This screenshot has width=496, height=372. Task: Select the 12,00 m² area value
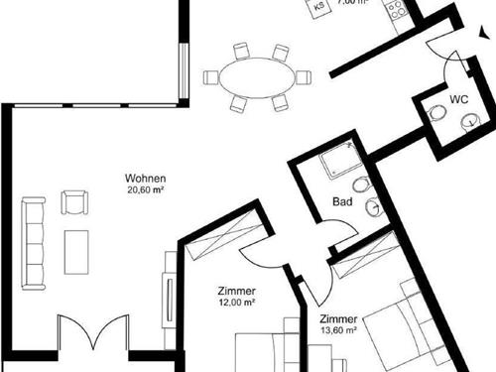click(236, 304)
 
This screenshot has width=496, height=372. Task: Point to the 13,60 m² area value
click(339, 331)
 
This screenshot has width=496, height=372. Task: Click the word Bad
click(342, 202)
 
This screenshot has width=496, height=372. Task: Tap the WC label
click(458, 99)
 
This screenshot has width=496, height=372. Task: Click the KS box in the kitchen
click(319, 7)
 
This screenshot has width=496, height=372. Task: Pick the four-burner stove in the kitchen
click(396, 11)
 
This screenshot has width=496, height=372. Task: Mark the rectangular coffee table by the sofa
click(75, 253)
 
